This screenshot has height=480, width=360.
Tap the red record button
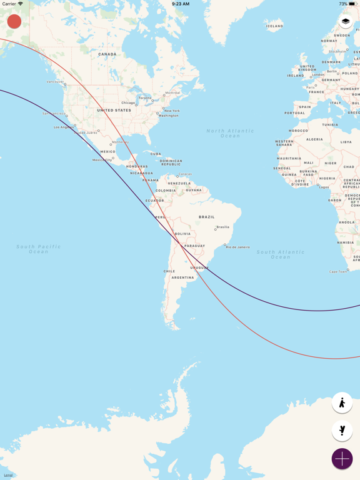[x=14, y=21]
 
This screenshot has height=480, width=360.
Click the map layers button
[x=346, y=22]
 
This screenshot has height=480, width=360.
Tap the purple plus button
[x=342, y=459]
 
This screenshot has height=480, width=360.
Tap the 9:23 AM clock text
[x=180, y=4]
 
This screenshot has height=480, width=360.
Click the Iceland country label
[x=274, y=26]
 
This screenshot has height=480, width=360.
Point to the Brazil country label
[x=206, y=217]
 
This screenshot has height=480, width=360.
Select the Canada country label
[x=107, y=54]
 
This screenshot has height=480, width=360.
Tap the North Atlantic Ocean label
[x=231, y=133]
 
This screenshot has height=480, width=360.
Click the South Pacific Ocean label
[x=39, y=249]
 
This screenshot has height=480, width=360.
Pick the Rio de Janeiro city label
[x=238, y=247]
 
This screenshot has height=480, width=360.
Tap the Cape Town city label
[x=337, y=271]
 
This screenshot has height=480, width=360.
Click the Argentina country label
[x=183, y=277]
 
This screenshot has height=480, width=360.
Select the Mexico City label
[x=102, y=160]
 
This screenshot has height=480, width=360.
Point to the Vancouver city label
[x=55, y=82]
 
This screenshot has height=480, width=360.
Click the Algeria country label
[x=314, y=139]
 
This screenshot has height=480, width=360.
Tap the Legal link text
[x=8, y=475]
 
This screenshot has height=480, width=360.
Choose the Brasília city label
[x=222, y=227]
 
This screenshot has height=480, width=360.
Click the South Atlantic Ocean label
[x=281, y=254]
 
